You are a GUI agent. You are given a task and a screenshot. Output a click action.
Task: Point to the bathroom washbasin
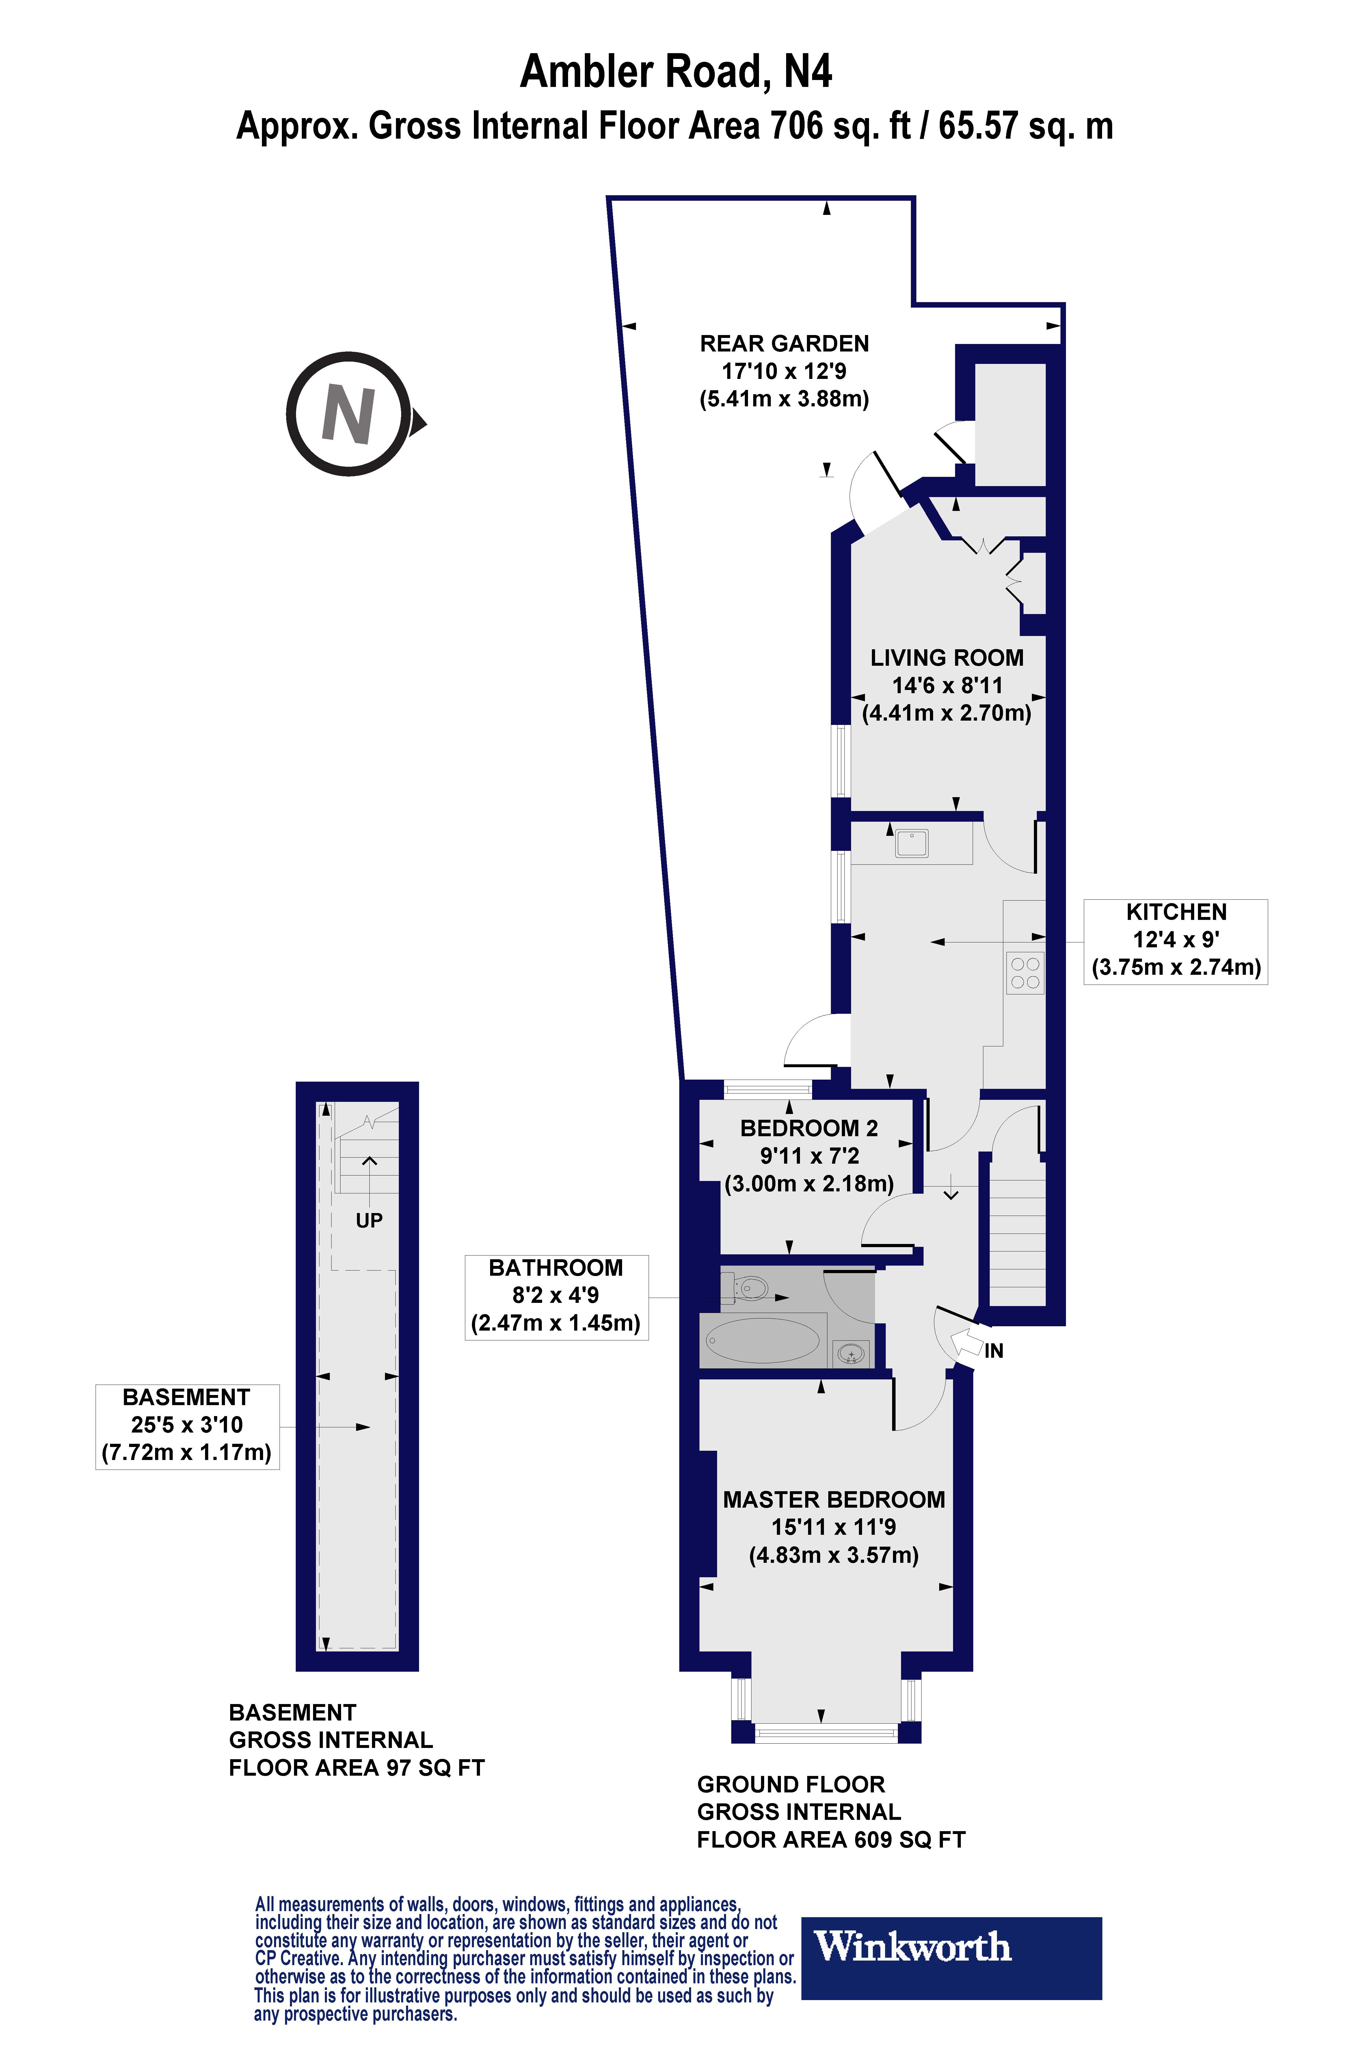[851, 1353]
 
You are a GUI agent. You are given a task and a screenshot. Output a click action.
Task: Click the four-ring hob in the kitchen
[1025, 972]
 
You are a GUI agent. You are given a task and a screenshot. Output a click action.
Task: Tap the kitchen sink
[912, 843]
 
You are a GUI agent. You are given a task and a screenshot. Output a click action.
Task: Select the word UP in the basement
[369, 1221]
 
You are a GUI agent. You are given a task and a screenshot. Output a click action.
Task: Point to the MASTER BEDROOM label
[833, 1500]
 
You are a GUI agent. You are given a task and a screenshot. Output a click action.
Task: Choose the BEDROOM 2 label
[809, 1128]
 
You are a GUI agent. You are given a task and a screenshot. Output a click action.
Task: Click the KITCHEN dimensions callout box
[1175, 941]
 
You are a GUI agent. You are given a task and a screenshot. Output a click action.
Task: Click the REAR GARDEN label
[784, 344]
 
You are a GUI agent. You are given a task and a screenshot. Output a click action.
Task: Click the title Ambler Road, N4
[675, 71]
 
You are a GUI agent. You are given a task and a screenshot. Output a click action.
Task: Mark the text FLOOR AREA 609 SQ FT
[831, 1840]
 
